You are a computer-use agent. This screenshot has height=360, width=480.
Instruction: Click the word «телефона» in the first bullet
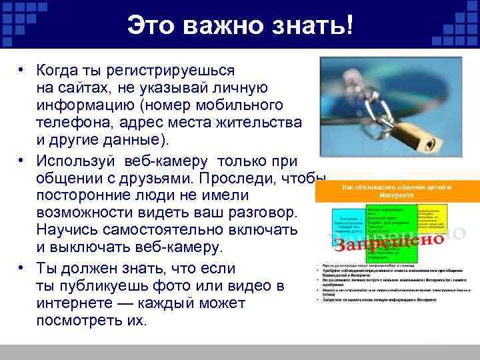pos(68,124)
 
